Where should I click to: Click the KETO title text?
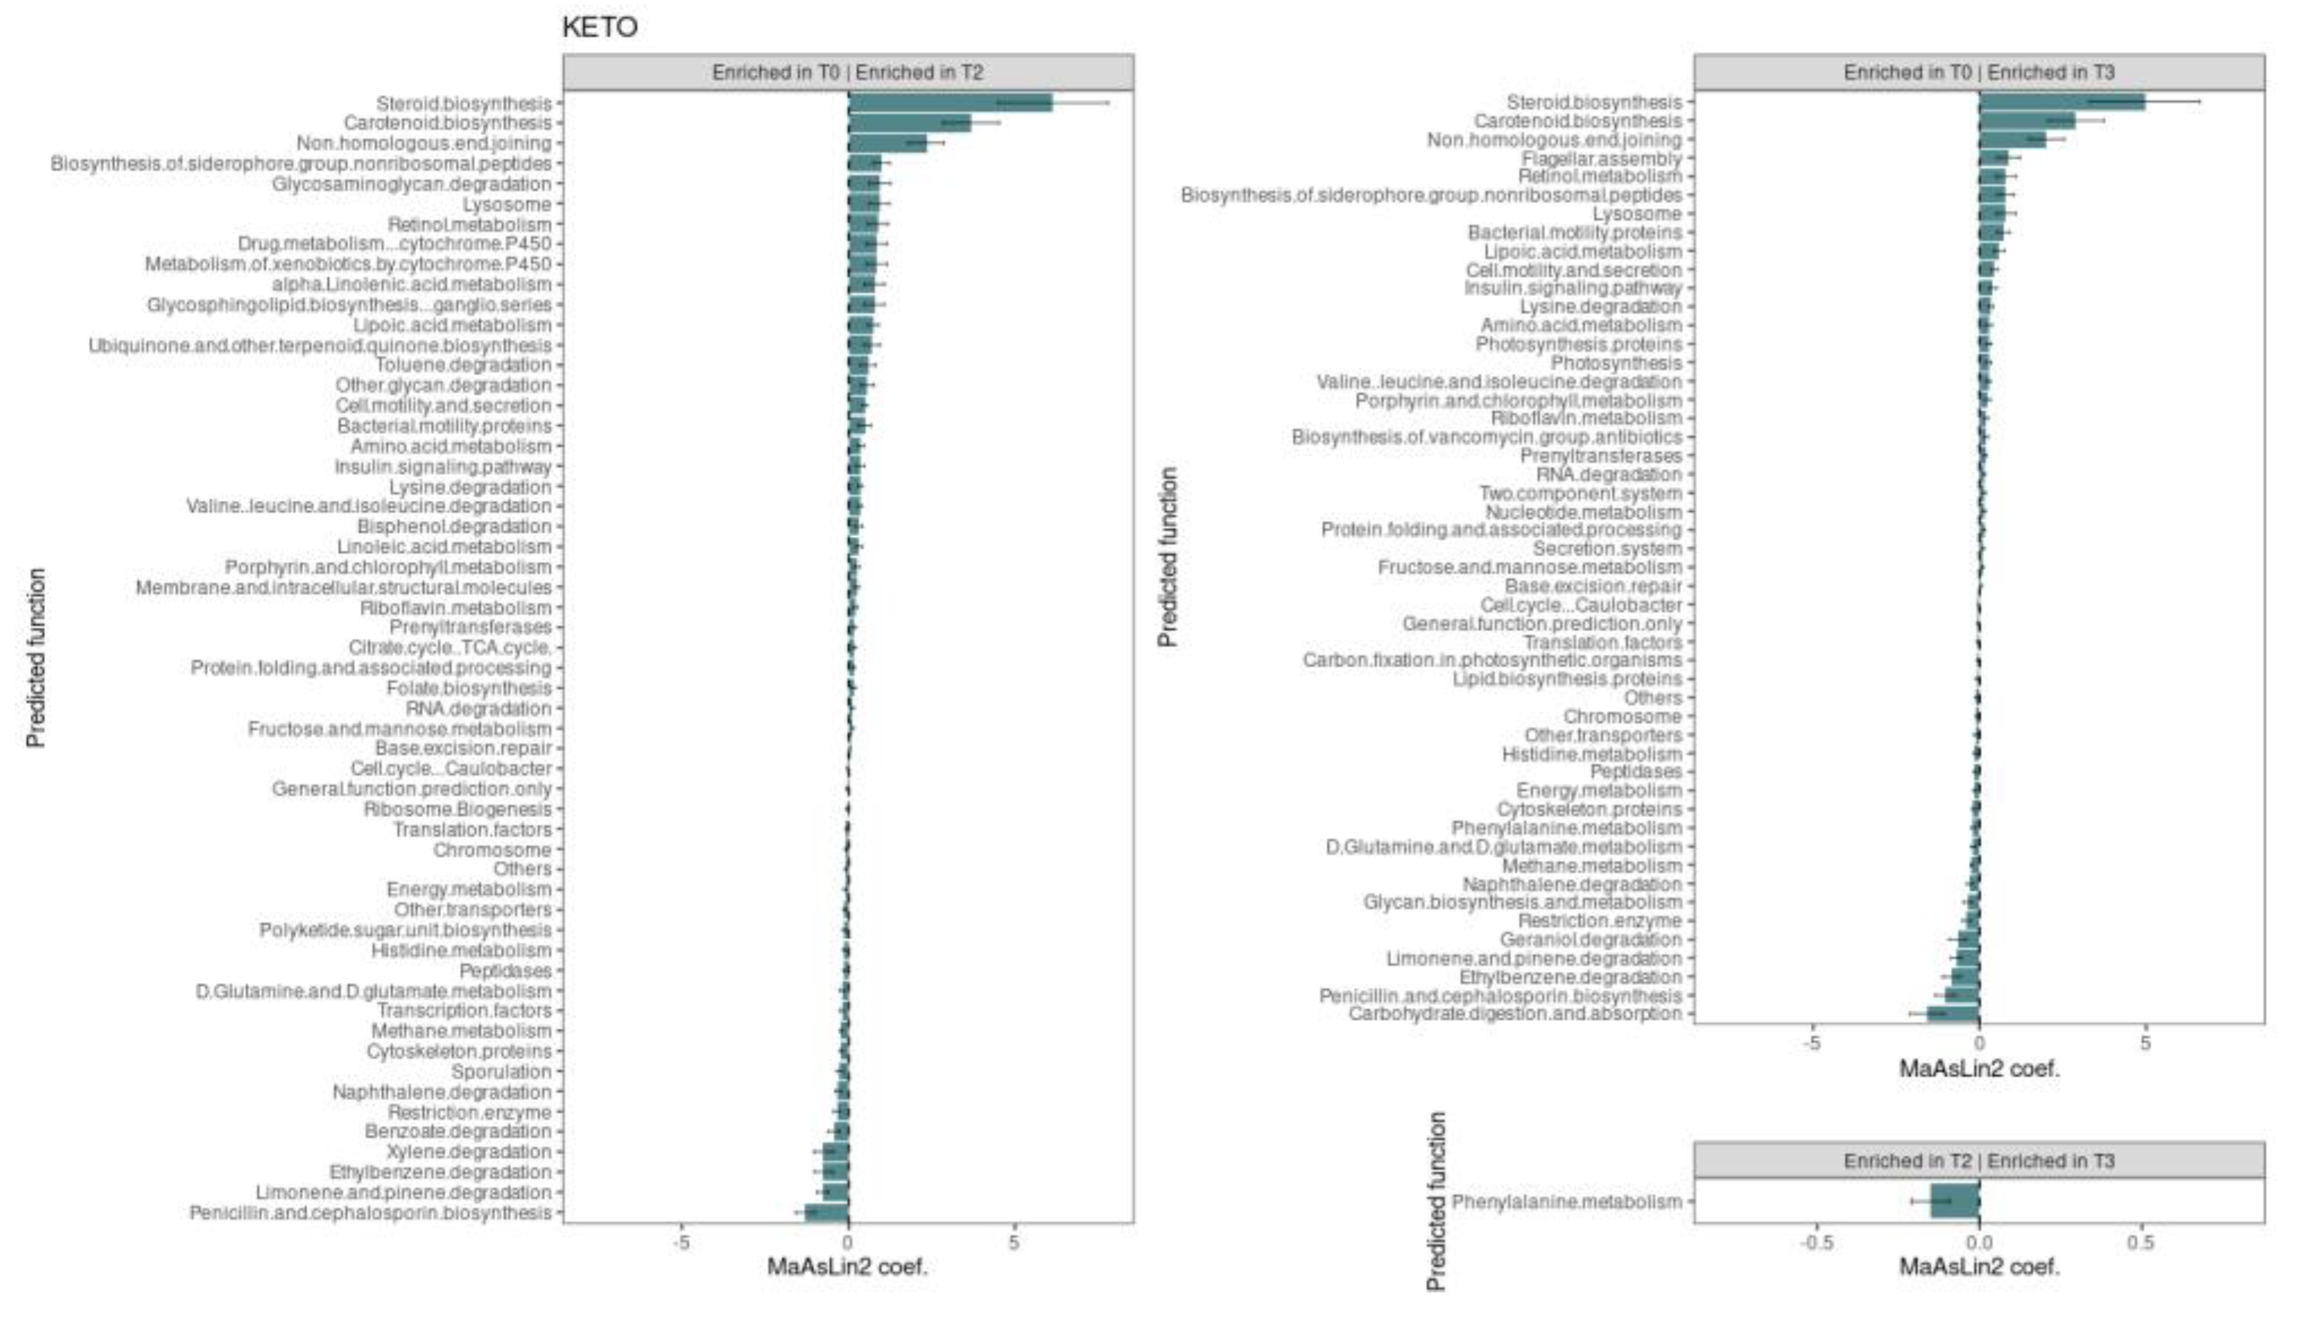coord(599,27)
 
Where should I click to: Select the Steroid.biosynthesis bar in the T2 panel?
coord(950,103)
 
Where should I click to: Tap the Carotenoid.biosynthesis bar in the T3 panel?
coord(2027,121)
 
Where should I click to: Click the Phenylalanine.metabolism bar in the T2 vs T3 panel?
coord(1955,1201)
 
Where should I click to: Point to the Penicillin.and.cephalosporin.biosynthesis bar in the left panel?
coord(826,1212)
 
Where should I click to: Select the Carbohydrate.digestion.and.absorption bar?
coord(1953,1014)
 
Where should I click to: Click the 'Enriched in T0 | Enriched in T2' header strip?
coord(848,72)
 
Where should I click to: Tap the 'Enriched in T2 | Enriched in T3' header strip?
coord(1979,1160)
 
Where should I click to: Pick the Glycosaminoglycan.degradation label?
coord(412,184)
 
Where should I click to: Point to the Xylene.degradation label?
coord(469,1151)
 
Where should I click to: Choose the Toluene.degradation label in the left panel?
coord(464,365)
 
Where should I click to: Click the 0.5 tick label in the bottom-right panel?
coord(2140,1243)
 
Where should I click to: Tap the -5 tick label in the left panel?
coord(681,1243)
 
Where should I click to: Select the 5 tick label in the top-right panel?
coord(2145,1044)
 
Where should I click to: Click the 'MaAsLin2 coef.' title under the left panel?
coord(848,1267)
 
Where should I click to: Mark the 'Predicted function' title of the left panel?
coord(36,658)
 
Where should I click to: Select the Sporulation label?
coord(501,1071)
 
